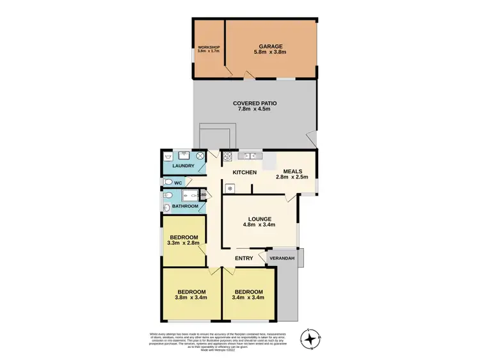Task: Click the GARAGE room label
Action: coord(271,47)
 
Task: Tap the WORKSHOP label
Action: coord(208,47)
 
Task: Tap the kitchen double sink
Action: coord(248,155)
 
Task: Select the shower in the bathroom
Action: coord(191,196)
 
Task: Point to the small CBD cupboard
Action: coord(202,196)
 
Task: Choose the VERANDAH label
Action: coord(282,258)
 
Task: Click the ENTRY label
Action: coord(244,258)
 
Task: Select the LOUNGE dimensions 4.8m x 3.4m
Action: coord(259,224)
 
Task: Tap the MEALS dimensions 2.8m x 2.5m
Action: coord(296,177)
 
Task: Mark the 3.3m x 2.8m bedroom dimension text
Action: coord(183,243)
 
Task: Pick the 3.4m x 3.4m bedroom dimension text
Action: coord(249,297)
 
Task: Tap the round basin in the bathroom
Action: coord(166,208)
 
